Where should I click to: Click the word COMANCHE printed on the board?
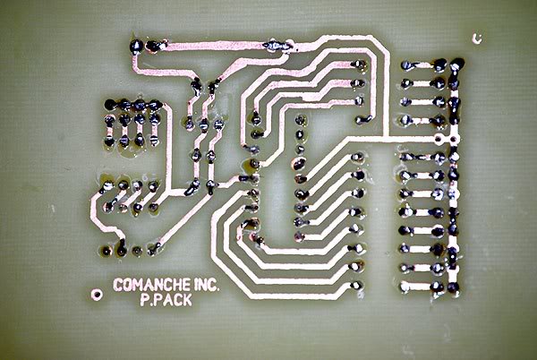click(x=152, y=285)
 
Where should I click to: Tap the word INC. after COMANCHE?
click(x=206, y=285)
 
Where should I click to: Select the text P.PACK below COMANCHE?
click(x=166, y=300)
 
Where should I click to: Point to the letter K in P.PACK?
click(x=187, y=300)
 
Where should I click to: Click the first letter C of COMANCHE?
click(x=118, y=285)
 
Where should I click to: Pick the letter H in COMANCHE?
click(x=175, y=285)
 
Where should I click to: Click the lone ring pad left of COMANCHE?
click(x=97, y=294)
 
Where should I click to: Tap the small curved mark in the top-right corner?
click(x=477, y=39)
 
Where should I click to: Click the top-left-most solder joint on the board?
click(x=136, y=46)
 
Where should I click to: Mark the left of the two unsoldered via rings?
click(x=439, y=139)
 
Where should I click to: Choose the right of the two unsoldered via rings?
click(x=453, y=139)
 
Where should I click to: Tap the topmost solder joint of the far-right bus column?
click(x=456, y=64)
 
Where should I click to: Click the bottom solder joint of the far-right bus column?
click(x=453, y=287)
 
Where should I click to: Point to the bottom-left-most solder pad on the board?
click(x=107, y=251)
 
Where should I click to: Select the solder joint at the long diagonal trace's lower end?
click(x=154, y=249)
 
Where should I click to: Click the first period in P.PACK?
click(x=148, y=304)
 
